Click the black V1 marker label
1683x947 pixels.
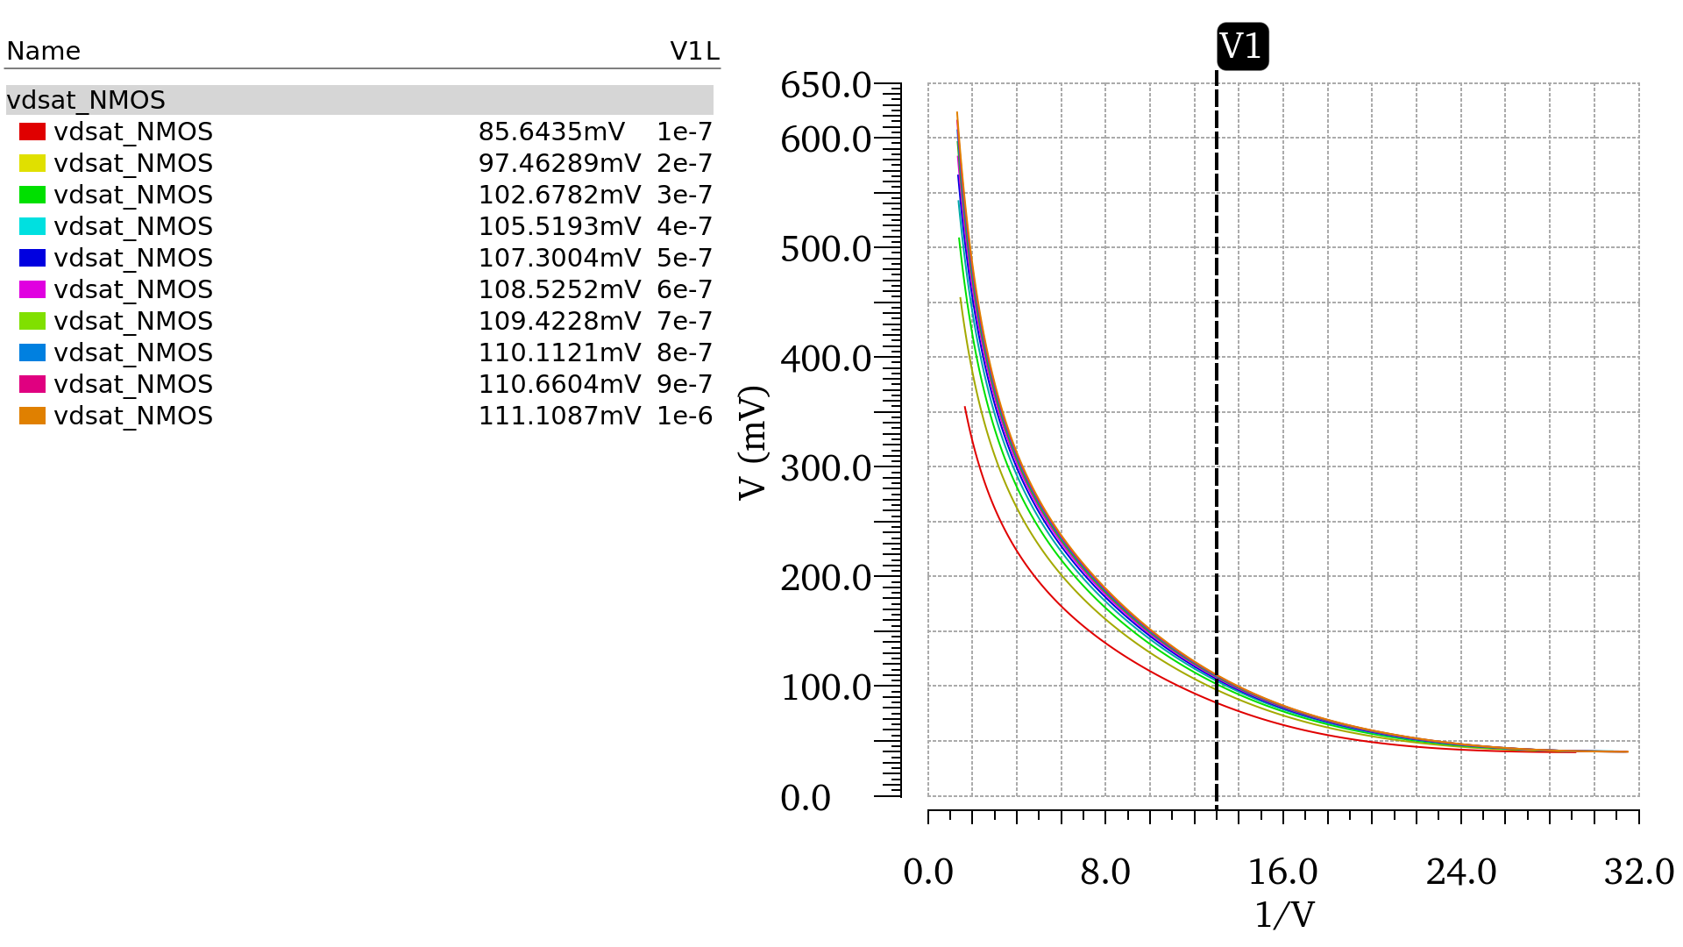[x=1242, y=46]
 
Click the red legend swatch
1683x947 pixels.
[x=32, y=132]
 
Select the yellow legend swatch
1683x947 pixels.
[x=32, y=163]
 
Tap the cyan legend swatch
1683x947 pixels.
[x=32, y=226]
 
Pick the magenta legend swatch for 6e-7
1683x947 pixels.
[x=32, y=289]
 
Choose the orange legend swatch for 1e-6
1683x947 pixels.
[x=32, y=416]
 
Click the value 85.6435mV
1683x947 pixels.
[x=551, y=132]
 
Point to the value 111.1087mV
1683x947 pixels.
[x=559, y=416]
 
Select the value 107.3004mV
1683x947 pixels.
[x=559, y=258]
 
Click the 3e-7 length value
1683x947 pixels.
[x=685, y=195]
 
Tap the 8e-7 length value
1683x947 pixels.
[x=685, y=352]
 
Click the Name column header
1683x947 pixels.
[x=43, y=51]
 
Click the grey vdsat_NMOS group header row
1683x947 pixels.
[x=359, y=100]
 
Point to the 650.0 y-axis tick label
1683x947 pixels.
[x=825, y=86]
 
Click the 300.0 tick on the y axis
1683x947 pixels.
[x=825, y=468]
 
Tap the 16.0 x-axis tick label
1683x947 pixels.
[x=1282, y=872]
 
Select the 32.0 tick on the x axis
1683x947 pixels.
[x=1638, y=872]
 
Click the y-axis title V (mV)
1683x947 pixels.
[x=753, y=443]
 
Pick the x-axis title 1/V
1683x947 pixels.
[x=1284, y=915]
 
